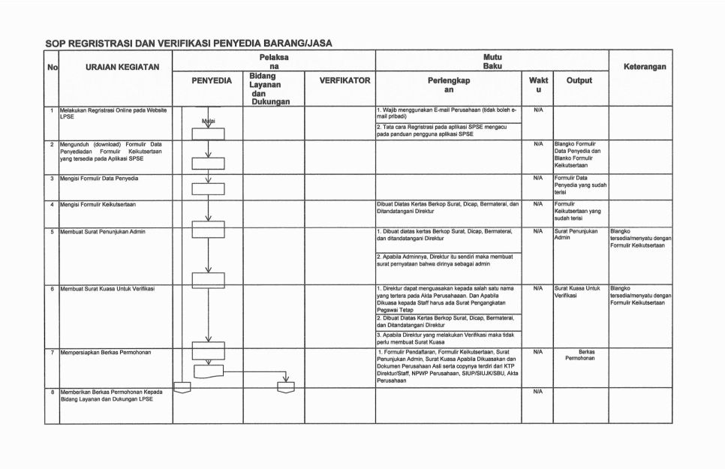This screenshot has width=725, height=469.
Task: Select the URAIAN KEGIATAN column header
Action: pyautogui.click(x=122, y=67)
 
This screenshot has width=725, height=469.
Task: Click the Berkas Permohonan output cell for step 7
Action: pyautogui.click(x=579, y=354)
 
